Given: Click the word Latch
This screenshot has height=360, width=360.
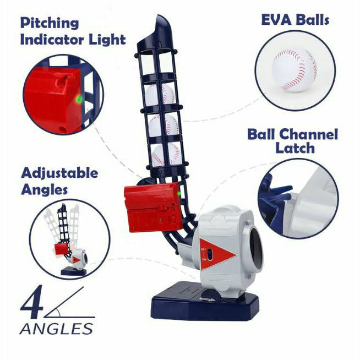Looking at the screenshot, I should coord(296,148).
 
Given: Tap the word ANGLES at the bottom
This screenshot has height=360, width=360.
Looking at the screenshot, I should coord(56,329).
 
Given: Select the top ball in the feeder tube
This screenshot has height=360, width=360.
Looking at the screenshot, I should coord(160,94).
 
